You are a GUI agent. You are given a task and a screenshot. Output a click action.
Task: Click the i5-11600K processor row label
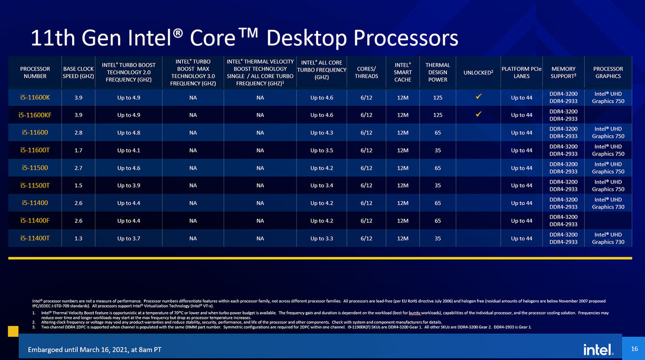[35, 97]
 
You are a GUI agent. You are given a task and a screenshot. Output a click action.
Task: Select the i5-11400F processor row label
[35, 221]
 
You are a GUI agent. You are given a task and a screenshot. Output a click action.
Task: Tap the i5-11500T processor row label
[35, 185]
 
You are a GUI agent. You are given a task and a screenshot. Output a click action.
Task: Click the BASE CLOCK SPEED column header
[78, 72]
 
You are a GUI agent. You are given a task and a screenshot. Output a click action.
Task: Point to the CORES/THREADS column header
[366, 72]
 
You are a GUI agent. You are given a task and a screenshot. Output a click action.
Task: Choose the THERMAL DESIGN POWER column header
[438, 72]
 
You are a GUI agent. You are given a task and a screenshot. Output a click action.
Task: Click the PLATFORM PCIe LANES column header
[521, 72]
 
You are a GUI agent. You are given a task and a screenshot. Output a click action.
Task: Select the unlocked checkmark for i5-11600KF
[479, 114]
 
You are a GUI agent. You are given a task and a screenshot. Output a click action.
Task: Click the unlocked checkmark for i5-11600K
[479, 96]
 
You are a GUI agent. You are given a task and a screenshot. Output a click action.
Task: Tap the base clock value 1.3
[78, 238]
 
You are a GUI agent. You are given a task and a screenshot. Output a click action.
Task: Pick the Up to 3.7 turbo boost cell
[128, 238]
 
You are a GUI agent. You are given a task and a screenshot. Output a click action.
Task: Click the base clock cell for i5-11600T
[78, 150]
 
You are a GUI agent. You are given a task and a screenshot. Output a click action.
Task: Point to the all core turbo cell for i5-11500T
[321, 185]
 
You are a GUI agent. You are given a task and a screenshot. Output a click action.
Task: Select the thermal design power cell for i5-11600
[438, 132]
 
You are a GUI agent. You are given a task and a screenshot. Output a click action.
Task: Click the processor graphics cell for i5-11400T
[608, 238]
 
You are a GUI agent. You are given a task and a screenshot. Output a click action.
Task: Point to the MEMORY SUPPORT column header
[563, 72]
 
